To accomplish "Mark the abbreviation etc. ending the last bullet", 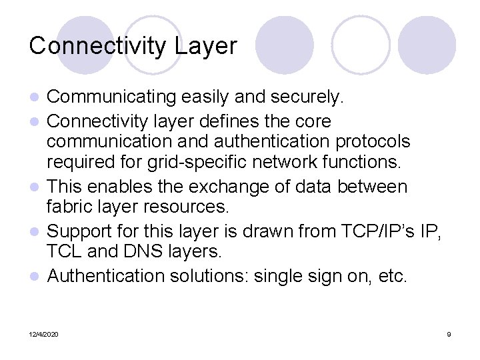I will (x=391, y=275).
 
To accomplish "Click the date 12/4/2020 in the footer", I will (x=43, y=334).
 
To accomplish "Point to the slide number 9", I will (x=449, y=334).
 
